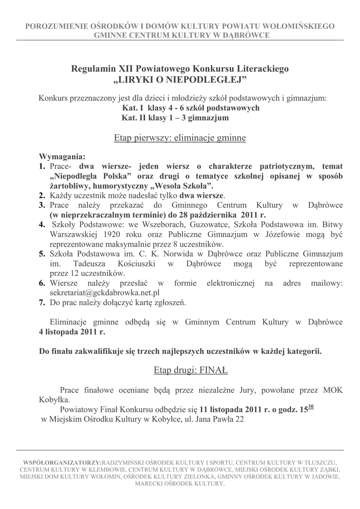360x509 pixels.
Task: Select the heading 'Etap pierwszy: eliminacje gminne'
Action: (180, 138)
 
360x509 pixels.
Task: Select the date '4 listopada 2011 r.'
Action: (72, 331)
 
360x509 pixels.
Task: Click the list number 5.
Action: (42, 254)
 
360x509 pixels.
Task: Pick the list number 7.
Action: (42, 302)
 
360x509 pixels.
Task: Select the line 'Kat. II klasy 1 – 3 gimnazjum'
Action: (175, 118)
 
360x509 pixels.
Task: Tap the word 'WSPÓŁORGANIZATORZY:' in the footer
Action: (62, 462)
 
